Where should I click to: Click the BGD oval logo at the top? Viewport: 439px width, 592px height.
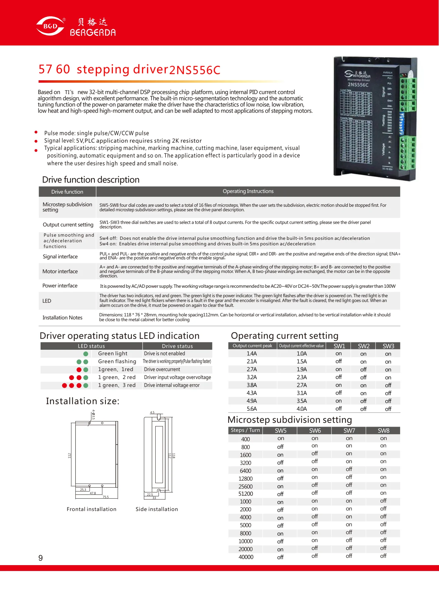(x=50, y=26)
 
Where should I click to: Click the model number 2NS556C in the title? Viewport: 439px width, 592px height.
(x=195, y=70)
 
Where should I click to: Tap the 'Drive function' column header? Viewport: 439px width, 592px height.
(x=67, y=192)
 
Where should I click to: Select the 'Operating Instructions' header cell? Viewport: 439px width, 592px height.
(x=248, y=191)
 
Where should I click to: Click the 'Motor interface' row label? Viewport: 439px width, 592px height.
(x=60, y=272)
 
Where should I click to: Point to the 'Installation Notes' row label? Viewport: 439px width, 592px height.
(x=62, y=318)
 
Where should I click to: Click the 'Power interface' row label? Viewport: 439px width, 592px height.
(x=60, y=286)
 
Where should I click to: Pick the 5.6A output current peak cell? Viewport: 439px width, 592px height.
(x=252, y=409)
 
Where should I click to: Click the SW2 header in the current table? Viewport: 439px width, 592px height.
(x=364, y=346)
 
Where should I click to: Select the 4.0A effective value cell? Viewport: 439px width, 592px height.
(x=302, y=409)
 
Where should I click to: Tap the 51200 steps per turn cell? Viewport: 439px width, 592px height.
(x=245, y=494)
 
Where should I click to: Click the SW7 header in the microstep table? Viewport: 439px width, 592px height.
(x=349, y=431)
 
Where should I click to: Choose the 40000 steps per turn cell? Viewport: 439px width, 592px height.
(x=246, y=557)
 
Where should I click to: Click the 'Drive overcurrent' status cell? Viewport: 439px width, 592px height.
(x=162, y=369)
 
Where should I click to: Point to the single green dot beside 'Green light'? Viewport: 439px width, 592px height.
(x=86, y=354)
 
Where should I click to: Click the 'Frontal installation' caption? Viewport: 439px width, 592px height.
(x=92, y=509)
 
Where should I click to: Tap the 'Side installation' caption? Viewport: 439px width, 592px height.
(x=157, y=509)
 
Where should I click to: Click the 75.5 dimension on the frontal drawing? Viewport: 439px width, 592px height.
(x=105, y=497)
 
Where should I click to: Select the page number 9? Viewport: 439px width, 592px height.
(x=41, y=558)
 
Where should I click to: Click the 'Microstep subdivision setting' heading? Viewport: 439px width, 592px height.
(x=290, y=420)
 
